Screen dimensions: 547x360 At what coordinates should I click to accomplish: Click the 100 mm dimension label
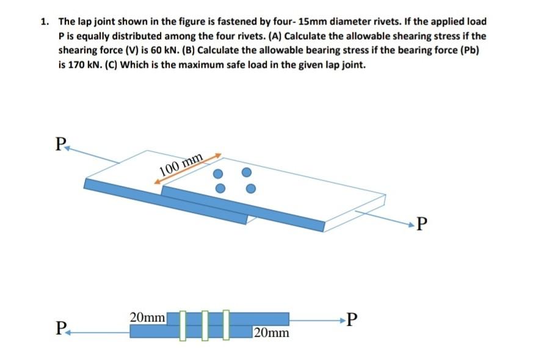pos(181,165)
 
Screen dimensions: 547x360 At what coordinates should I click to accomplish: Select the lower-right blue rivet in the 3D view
pos(248,189)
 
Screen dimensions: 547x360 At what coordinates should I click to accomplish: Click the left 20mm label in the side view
pos(147,317)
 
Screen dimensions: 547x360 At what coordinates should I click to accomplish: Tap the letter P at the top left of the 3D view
pos(59,145)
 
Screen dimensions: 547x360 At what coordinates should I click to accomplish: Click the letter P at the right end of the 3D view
pos(420,226)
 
